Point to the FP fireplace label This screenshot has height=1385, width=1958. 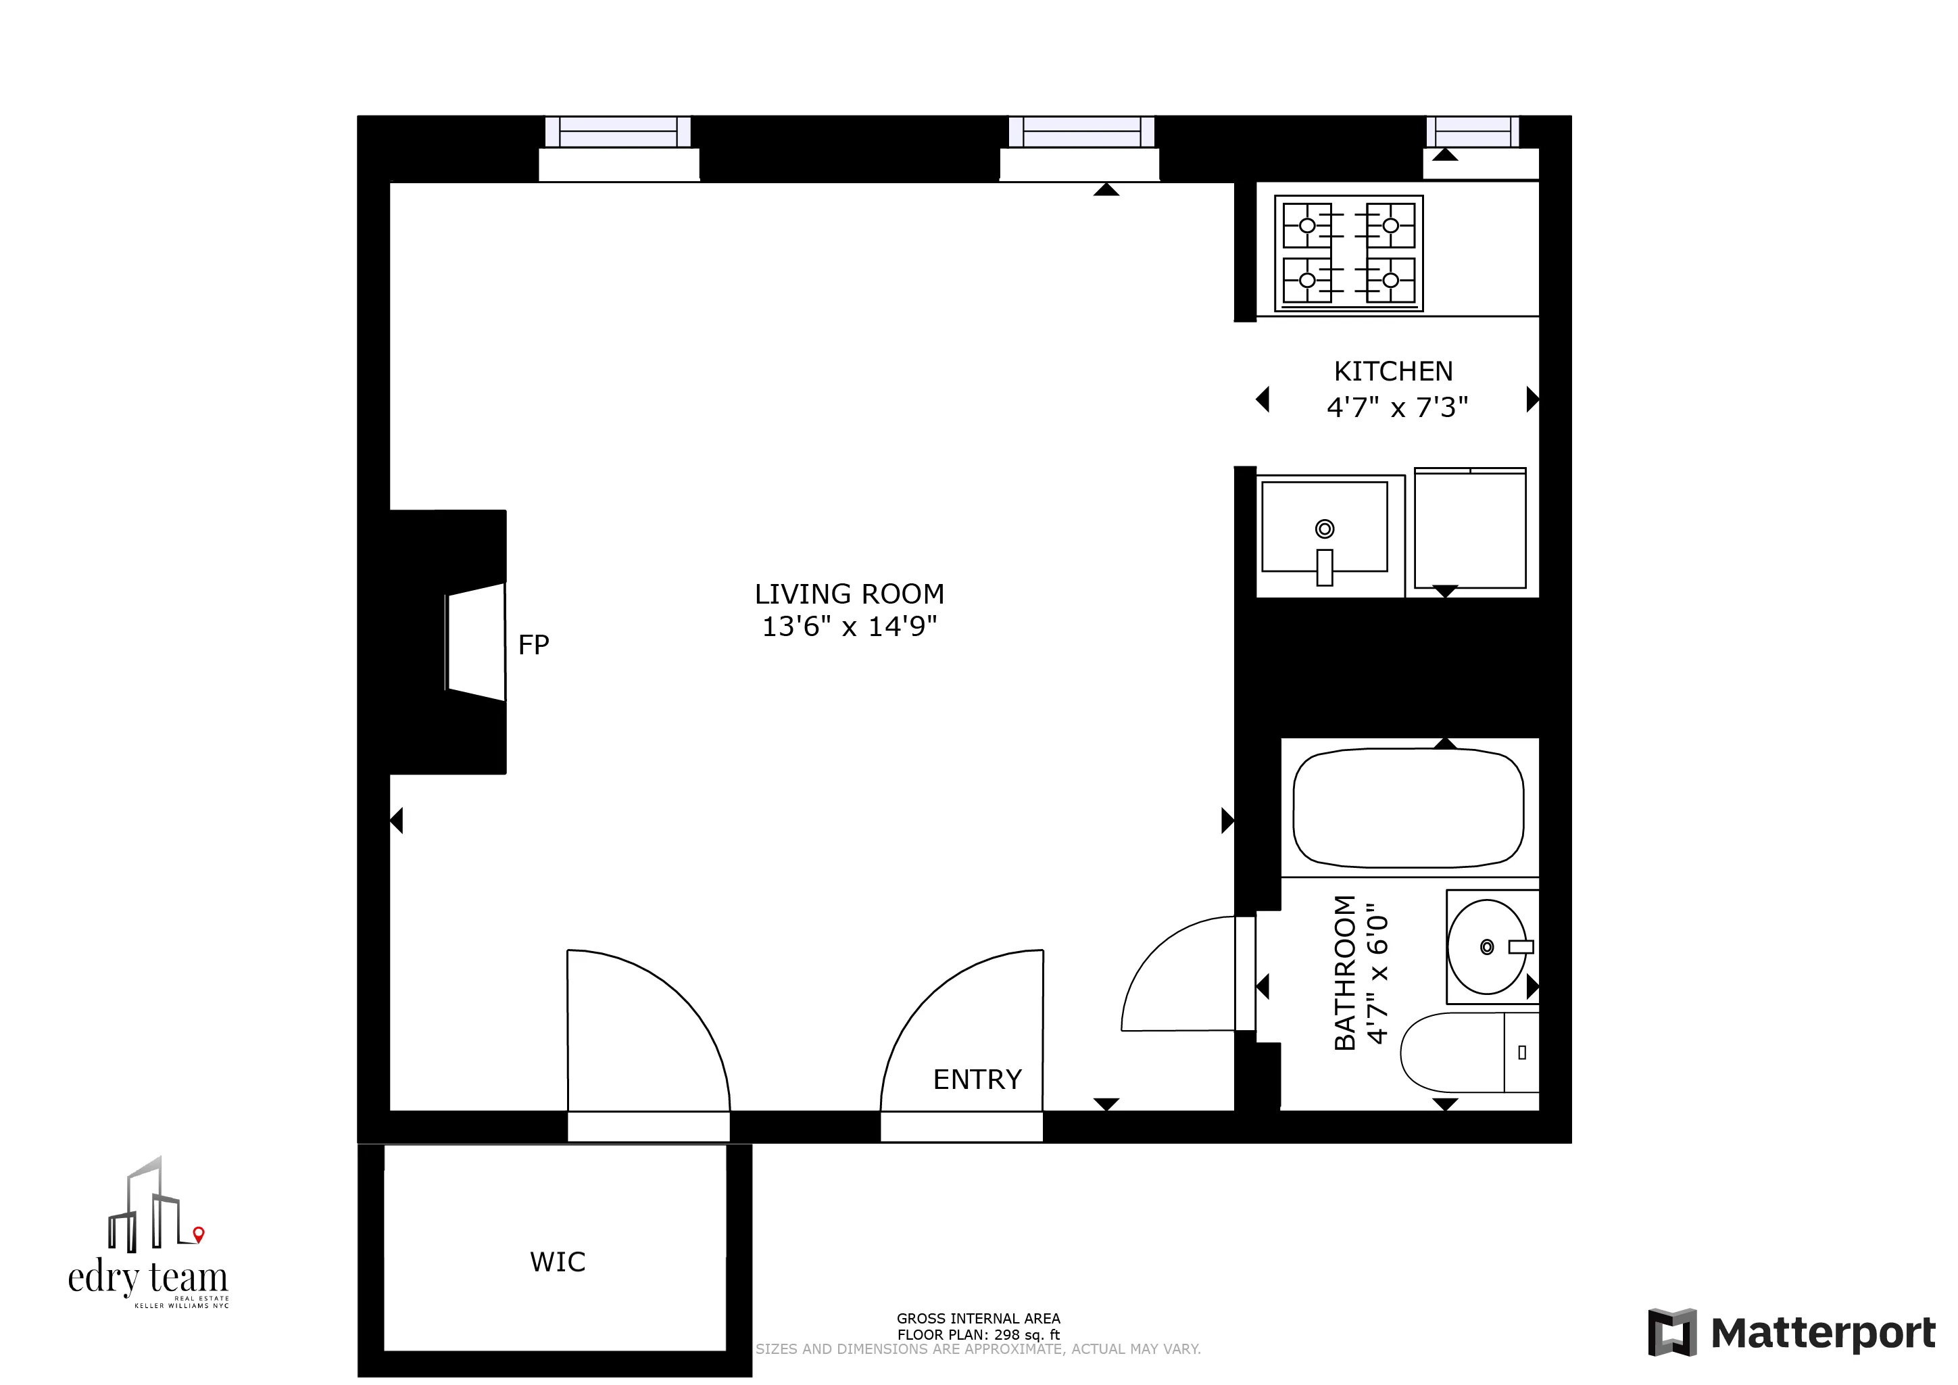(x=533, y=645)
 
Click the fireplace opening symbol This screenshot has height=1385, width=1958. (x=476, y=642)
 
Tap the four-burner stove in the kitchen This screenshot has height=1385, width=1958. (x=1348, y=253)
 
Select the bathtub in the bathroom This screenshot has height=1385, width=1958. (x=1408, y=808)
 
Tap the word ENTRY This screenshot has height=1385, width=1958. (x=977, y=1079)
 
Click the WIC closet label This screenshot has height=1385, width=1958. (x=558, y=1262)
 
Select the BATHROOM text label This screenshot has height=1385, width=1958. (x=1345, y=972)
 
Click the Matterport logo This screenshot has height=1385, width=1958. (x=1791, y=1333)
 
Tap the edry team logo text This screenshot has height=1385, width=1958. (x=147, y=1278)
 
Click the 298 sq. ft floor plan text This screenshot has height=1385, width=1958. (x=977, y=1335)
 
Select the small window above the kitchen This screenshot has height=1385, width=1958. (x=1472, y=132)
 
